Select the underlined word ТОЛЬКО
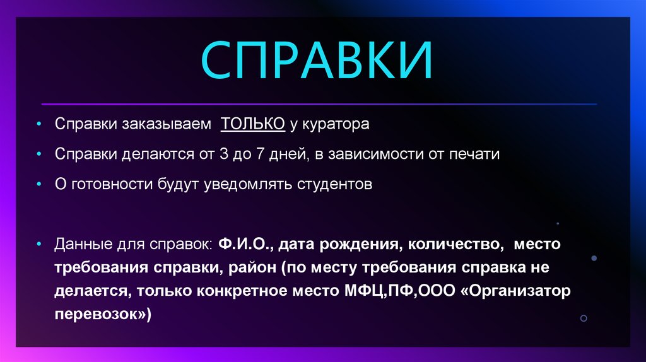tap(252, 124)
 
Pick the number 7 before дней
tap(259, 155)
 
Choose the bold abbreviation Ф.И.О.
tap(247, 243)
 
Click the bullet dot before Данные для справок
tap(40, 243)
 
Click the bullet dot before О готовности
tap(40, 185)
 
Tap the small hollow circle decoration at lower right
tap(584, 318)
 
